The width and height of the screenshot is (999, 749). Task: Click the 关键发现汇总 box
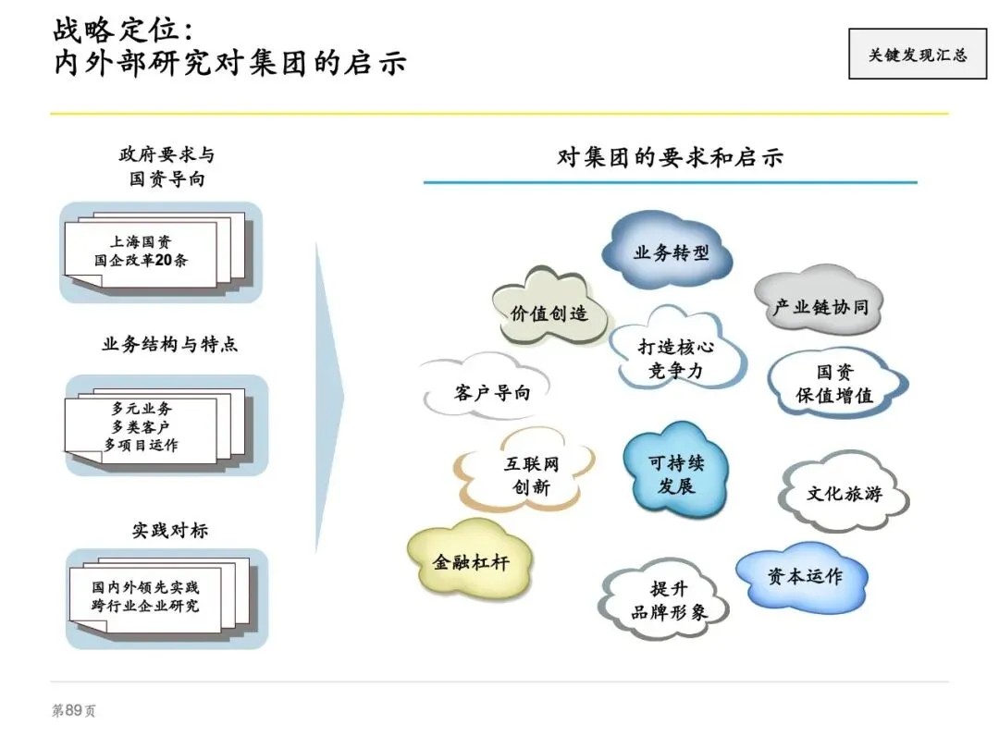pos(917,54)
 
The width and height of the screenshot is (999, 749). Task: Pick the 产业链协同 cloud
pos(820,306)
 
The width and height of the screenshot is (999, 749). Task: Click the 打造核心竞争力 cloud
pos(676,359)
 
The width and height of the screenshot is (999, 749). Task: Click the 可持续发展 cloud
pos(676,474)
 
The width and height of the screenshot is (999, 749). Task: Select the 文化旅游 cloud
pos(843,493)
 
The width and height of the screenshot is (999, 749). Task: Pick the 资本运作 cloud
pos(804,576)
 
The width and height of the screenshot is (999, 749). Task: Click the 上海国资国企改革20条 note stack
pos(153,252)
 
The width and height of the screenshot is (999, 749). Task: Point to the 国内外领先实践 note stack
pos(153,597)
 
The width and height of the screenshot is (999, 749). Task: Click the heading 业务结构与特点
pos(169,345)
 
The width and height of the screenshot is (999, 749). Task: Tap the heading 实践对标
pos(169,531)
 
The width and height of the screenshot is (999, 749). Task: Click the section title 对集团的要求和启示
pos(670,157)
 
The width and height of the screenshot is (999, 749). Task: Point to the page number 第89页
pos(73,710)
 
